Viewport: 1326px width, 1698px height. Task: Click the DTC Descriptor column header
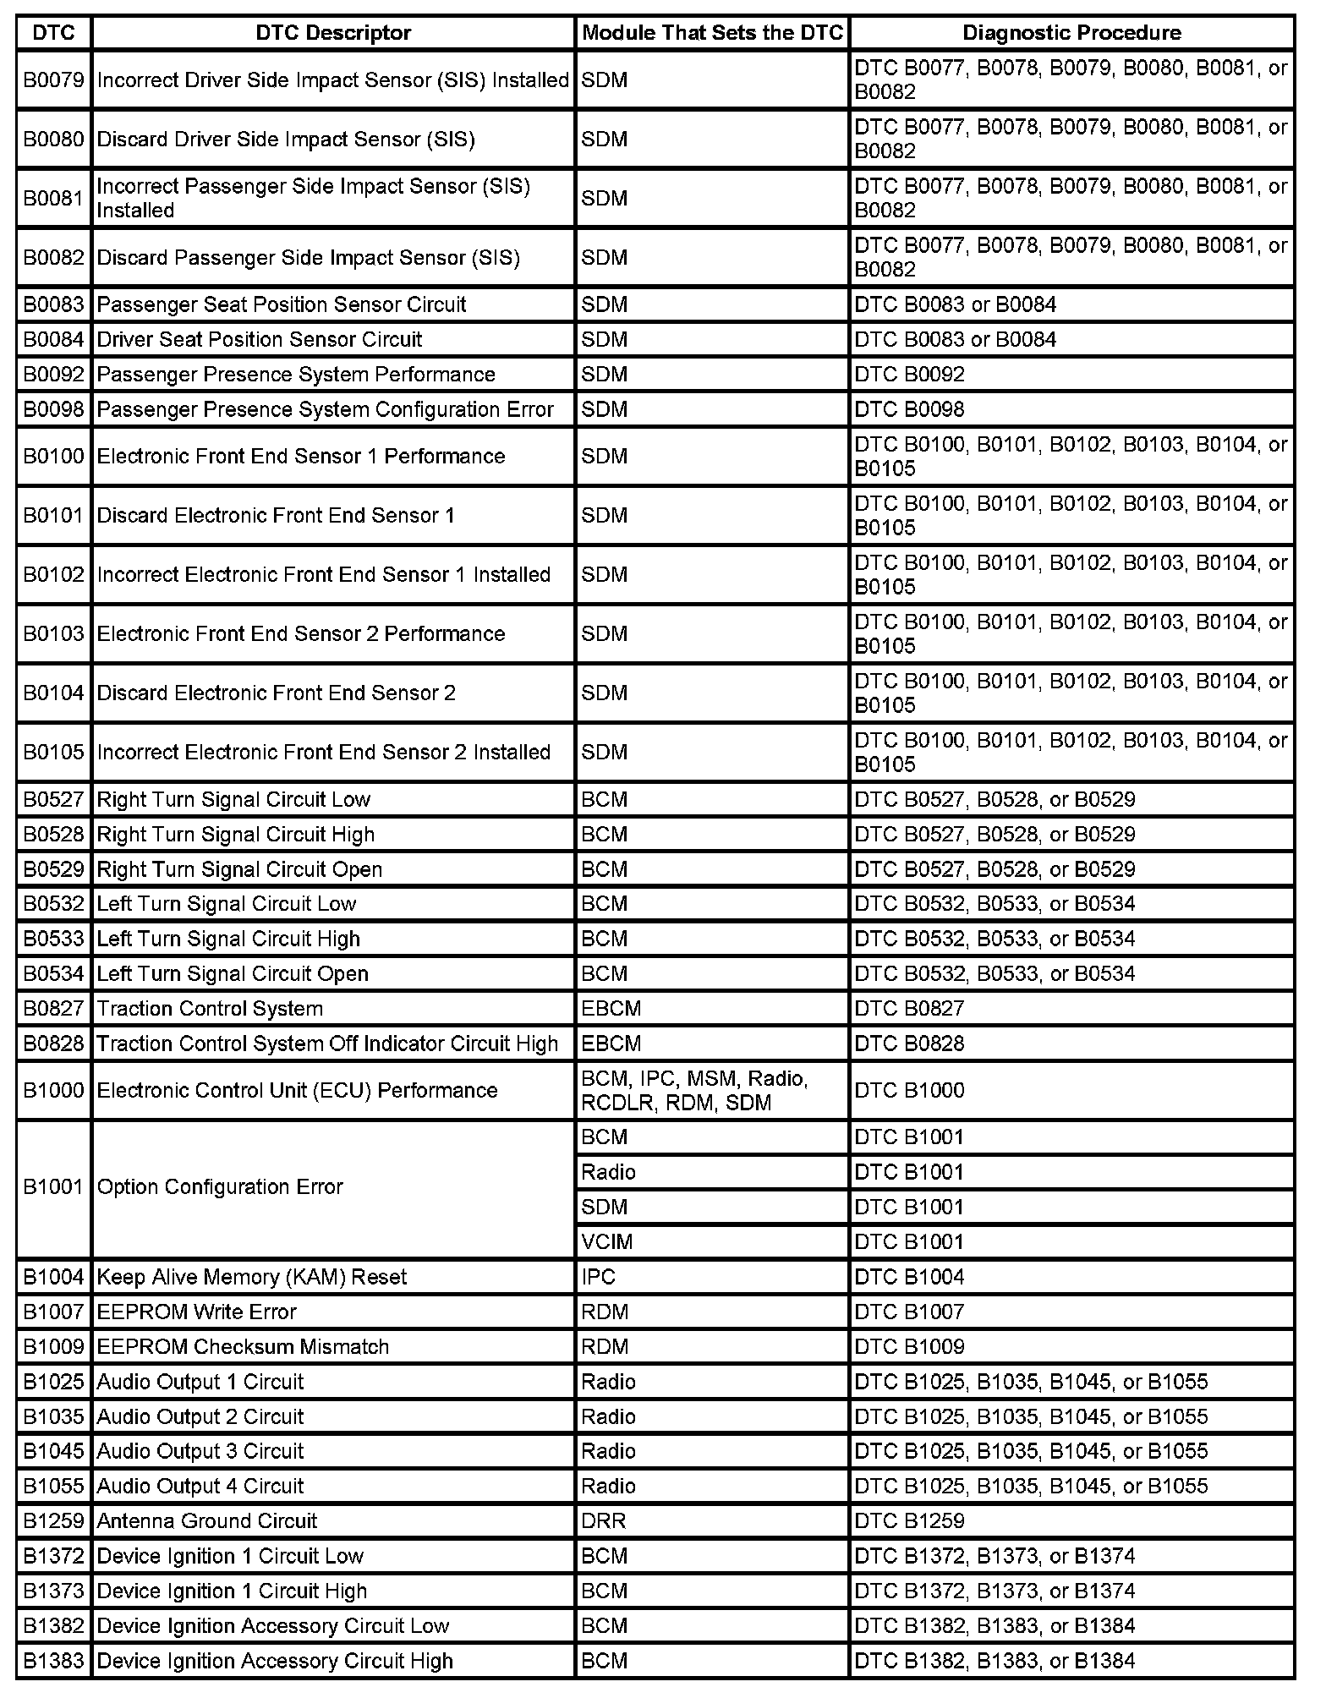[x=333, y=33]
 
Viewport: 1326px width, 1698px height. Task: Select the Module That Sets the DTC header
[x=712, y=33]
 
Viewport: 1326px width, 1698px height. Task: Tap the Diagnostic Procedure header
[x=1071, y=33]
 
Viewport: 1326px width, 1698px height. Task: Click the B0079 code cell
[x=53, y=80]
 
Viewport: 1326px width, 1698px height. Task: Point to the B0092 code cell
[x=53, y=375]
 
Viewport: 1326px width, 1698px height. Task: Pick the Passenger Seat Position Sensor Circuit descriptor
[x=282, y=304]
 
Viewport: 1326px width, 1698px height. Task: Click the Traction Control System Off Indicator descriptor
[x=328, y=1043]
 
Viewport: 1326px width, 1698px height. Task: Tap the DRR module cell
[x=604, y=1520]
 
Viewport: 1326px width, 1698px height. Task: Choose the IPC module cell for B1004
[x=599, y=1277]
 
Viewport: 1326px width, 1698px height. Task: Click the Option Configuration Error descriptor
[x=220, y=1187]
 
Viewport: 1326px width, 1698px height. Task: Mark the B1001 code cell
[x=53, y=1187]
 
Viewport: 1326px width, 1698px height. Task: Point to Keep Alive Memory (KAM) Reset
[x=252, y=1277]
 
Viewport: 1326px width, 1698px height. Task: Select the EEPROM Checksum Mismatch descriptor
[x=243, y=1346]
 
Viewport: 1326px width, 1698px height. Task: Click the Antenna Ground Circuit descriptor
[x=207, y=1520]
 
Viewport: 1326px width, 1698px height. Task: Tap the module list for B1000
[x=694, y=1091]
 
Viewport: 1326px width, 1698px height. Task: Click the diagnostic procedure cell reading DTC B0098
[x=909, y=409]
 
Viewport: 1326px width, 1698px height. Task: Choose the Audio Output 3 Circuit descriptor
[x=200, y=1451]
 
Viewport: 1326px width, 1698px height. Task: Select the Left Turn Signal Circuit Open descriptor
[x=233, y=974]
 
